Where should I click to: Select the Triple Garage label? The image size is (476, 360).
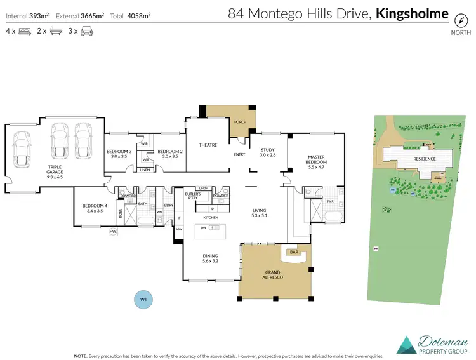(x=54, y=170)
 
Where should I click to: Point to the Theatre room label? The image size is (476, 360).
(x=208, y=145)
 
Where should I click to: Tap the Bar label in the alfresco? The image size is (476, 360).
(x=294, y=252)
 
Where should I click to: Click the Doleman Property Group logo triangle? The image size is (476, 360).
(x=406, y=344)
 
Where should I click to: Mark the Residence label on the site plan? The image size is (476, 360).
(x=425, y=159)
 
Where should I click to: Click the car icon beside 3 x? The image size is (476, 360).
(x=87, y=30)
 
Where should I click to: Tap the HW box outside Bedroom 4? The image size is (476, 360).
(x=114, y=232)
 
